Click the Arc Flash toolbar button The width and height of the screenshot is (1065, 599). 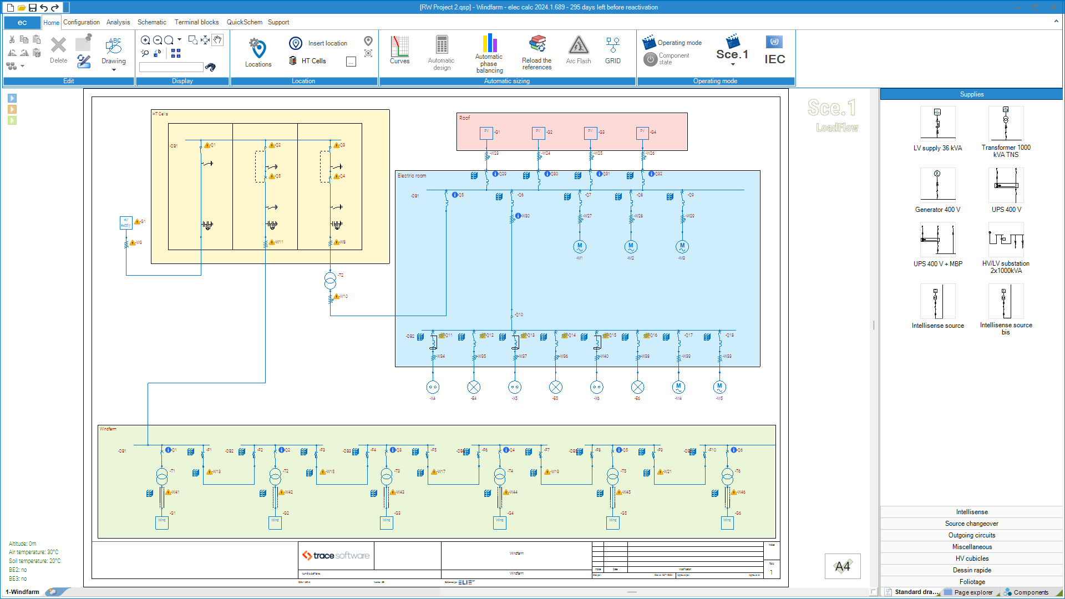coord(578,50)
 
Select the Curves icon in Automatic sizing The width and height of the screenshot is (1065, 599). coord(399,50)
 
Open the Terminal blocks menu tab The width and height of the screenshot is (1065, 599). coord(196,22)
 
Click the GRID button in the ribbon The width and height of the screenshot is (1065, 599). coord(612,50)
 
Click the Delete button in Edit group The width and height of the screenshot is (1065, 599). coord(58,50)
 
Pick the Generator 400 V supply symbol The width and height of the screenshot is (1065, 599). coord(937,185)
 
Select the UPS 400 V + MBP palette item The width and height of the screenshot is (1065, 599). coord(937,240)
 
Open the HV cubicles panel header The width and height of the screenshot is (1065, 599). coord(972,559)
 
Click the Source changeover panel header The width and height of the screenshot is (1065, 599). coord(972,524)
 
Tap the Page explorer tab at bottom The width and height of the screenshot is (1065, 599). coord(973,592)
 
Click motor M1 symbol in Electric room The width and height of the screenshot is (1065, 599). coord(580,246)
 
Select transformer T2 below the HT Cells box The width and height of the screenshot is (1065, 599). coord(330,281)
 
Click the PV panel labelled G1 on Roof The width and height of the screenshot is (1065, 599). coord(486,133)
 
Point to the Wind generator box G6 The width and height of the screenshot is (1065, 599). coord(727,522)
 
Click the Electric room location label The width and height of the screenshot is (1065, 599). coord(412,176)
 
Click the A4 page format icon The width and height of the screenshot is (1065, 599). coord(842,566)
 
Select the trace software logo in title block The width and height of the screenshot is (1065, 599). coord(336,556)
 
